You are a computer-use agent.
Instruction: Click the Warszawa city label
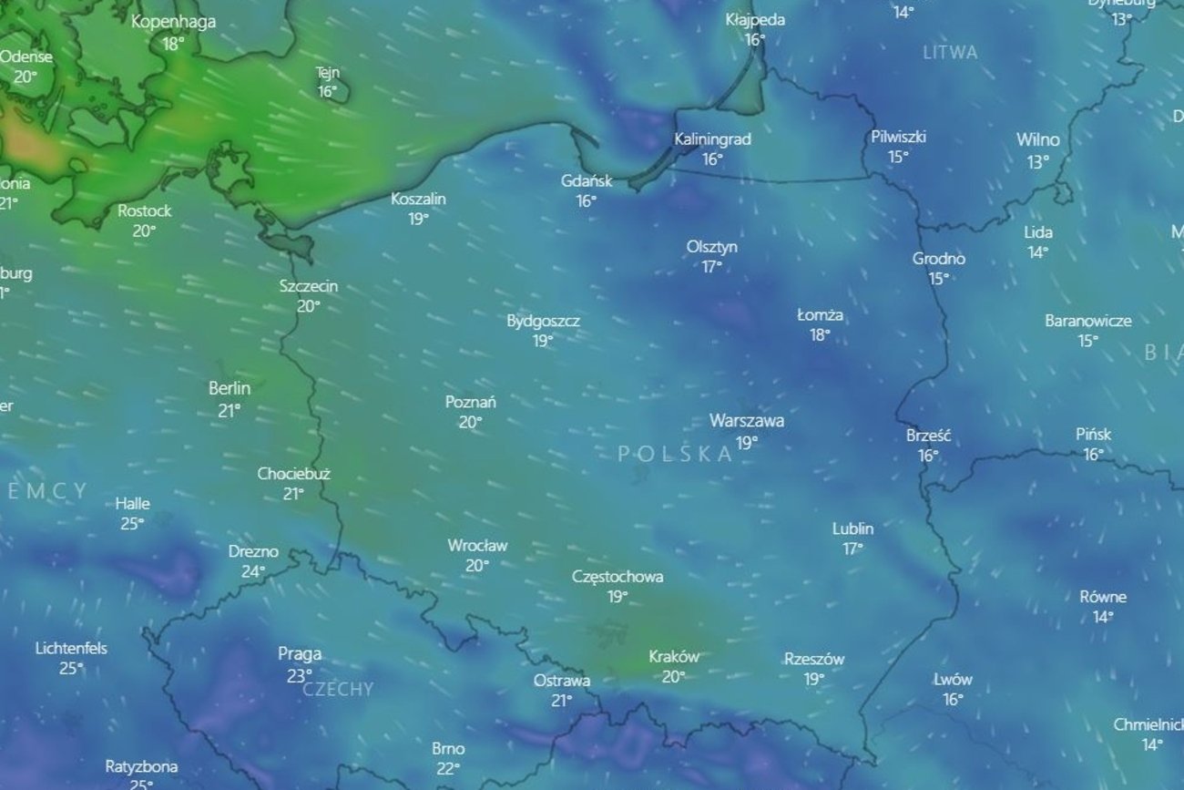coord(746,421)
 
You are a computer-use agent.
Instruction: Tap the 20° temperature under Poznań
coord(470,422)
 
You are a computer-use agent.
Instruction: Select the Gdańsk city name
coord(586,181)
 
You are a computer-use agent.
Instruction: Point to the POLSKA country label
coord(675,454)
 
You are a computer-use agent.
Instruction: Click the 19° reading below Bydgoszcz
coord(543,341)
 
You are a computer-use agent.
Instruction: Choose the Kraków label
coord(674,656)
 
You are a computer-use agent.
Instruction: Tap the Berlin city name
coord(230,389)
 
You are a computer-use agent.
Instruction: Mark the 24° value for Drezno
coord(252,572)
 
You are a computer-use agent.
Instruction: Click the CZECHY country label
coord(338,690)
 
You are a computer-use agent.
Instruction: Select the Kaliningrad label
coord(712,139)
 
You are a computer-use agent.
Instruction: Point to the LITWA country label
coord(950,52)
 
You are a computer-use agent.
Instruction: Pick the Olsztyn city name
coord(712,247)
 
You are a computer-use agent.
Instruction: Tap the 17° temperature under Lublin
coord(852,549)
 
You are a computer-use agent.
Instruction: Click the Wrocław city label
coord(477,546)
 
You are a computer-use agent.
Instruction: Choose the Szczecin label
coord(308,286)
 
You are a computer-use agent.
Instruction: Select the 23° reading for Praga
coord(300,676)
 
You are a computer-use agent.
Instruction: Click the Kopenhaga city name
coord(173,22)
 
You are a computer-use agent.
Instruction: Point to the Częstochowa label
coord(618,577)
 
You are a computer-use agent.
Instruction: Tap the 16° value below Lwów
coord(953,700)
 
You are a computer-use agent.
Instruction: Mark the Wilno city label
coord(1037,139)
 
